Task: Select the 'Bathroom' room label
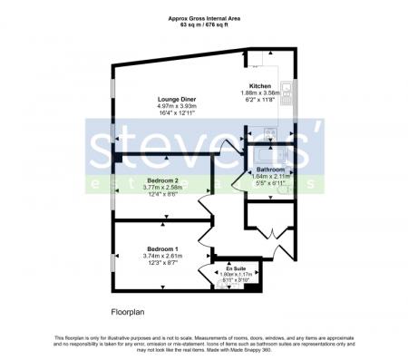point(271,170)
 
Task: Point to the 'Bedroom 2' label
point(163,180)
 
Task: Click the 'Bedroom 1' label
point(163,248)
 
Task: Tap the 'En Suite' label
point(236,269)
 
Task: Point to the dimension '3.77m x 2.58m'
point(163,188)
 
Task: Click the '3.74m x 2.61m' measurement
point(163,256)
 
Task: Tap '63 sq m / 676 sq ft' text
point(203,24)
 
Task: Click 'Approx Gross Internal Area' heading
point(203,17)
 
